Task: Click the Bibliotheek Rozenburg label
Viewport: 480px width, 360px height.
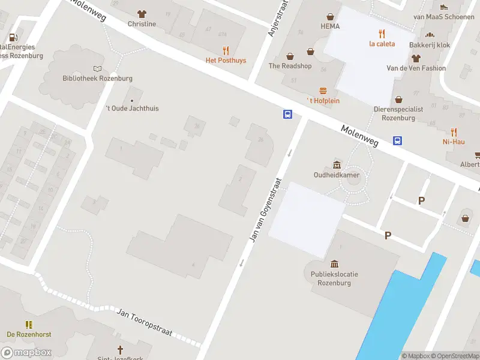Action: pyautogui.click(x=97, y=79)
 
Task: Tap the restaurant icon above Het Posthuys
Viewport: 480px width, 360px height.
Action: pyautogui.click(x=226, y=51)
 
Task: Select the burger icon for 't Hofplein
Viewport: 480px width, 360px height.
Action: pyautogui.click(x=323, y=91)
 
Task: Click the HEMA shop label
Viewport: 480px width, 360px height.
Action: pyautogui.click(x=330, y=26)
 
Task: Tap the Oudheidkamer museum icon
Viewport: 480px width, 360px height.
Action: pyautogui.click(x=336, y=165)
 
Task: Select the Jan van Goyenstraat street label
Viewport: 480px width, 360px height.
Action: pyautogui.click(x=265, y=210)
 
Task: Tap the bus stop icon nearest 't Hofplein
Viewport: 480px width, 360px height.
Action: pyautogui.click(x=288, y=114)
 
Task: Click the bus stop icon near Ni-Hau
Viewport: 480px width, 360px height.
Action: pyautogui.click(x=397, y=141)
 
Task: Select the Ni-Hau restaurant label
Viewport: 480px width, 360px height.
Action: pyautogui.click(x=454, y=142)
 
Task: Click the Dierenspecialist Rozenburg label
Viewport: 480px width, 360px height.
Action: pyautogui.click(x=398, y=113)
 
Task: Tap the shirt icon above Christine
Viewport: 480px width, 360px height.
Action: pyautogui.click(x=142, y=14)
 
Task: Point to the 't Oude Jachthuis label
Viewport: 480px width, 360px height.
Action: pyautogui.click(x=132, y=109)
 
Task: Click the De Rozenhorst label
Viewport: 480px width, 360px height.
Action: pyautogui.click(x=28, y=334)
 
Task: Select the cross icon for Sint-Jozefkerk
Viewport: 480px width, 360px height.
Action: pyautogui.click(x=119, y=349)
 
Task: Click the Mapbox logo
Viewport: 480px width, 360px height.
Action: pyautogui.click(x=26, y=353)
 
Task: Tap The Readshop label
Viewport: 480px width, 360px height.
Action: pyautogui.click(x=290, y=66)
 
